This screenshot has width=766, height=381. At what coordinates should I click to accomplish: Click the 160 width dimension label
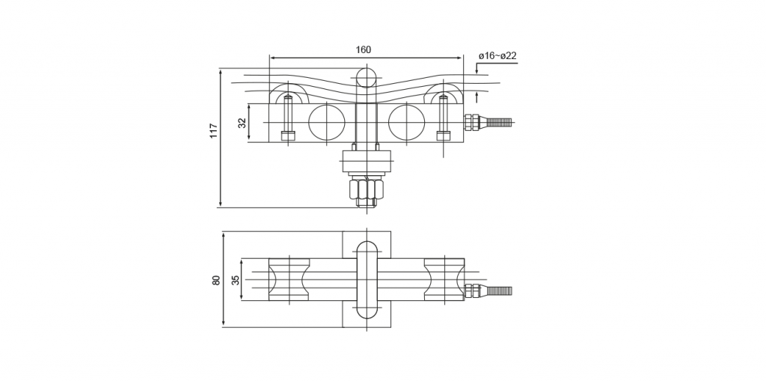pyautogui.click(x=363, y=50)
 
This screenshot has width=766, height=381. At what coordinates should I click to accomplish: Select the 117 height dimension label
pyautogui.click(x=214, y=130)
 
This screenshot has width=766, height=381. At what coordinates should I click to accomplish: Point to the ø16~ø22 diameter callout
pyautogui.click(x=497, y=55)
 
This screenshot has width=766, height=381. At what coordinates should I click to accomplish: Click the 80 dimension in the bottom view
pyautogui.click(x=216, y=280)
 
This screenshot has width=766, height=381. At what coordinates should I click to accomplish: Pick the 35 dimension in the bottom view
pyautogui.click(x=236, y=280)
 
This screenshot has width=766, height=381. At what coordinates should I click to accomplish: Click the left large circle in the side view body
pyautogui.click(x=326, y=122)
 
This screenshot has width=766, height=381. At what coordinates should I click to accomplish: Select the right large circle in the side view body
pyautogui.click(x=406, y=122)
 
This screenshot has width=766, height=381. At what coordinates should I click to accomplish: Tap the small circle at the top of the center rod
pyautogui.click(x=367, y=78)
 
